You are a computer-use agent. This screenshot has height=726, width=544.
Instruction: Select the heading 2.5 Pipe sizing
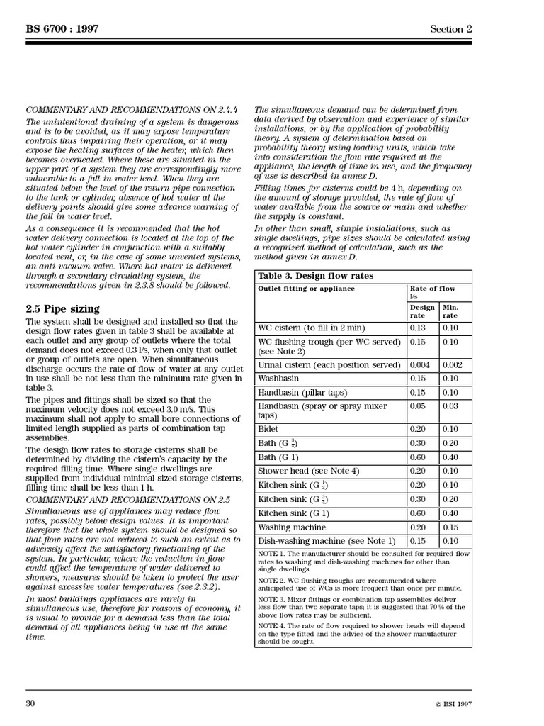pos(63,308)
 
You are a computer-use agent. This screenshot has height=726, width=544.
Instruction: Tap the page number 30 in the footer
pos(30,703)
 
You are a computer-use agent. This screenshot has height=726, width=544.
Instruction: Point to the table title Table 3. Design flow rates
pos(315,276)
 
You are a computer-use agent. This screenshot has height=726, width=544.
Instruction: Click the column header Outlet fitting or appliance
pos(304,289)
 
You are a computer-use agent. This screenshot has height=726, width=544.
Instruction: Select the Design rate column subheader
pos(422,311)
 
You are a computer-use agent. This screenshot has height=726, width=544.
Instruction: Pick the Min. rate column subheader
pos(450,311)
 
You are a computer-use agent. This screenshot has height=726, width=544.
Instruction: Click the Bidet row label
pos(268,429)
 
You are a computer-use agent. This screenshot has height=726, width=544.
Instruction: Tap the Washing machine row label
pos(292,527)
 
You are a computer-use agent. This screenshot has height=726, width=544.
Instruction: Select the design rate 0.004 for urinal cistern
pos(421,364)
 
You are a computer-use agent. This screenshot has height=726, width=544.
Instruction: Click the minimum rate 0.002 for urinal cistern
pos(454,364)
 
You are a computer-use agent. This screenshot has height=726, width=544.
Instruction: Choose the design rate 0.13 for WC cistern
pos(419,328)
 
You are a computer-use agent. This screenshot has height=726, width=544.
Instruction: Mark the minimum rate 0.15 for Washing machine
pos(451,527)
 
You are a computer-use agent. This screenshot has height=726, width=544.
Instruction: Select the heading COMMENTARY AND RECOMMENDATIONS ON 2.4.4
pos(132,110)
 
